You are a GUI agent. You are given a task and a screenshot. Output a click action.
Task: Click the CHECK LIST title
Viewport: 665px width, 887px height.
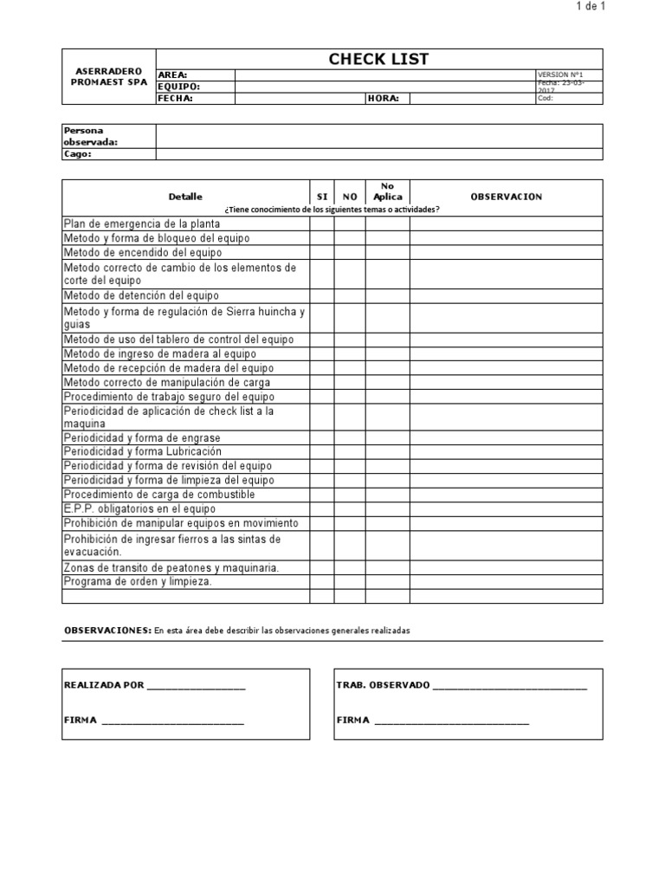click(378, 59)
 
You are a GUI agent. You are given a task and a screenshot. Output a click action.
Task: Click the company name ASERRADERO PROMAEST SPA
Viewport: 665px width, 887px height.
click(108, 75)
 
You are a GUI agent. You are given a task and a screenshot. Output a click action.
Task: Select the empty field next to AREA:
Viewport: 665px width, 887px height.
click(385, 75)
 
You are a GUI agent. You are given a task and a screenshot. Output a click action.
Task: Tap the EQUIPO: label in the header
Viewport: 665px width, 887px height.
click(179, 87)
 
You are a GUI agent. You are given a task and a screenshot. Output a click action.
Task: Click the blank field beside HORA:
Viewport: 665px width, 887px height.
click(472, 99)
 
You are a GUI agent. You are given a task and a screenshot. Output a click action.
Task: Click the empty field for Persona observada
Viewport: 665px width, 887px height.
click(378, 136)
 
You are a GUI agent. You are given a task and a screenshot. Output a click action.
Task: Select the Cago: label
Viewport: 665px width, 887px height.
click(78, 154)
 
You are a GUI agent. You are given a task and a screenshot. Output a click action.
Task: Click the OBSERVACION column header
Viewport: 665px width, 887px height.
click(506, 197)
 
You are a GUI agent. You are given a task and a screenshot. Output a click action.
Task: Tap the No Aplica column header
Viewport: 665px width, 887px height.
click(387, 191)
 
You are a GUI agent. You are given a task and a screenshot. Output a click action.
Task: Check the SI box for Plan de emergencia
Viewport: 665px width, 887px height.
click(322, 223)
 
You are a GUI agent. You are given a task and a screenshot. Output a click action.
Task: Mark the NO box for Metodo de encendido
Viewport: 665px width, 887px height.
click(350, 253)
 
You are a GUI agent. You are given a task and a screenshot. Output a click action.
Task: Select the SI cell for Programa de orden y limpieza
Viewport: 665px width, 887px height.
click(322, 582)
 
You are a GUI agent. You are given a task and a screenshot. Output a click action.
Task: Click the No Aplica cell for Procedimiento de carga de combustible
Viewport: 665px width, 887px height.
click(387, 494)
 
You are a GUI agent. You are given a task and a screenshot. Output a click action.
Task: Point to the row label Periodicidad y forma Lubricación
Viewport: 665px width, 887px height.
click(143, 451)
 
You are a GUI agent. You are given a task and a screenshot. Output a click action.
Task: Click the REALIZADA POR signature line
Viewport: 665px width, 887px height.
click(197, 687)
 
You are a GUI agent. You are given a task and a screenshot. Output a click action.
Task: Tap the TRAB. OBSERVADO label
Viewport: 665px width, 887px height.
click(382, 685)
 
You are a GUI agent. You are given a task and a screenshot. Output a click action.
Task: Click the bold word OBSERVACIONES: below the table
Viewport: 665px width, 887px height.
click(107, 631)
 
